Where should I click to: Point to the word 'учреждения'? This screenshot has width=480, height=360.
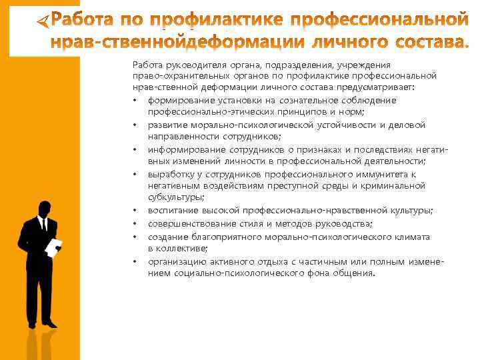pos(367,65)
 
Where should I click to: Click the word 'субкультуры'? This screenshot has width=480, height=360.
pos(176,197)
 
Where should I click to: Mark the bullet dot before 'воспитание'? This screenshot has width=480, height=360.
pos(135,211)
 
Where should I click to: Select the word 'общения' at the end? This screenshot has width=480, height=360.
pos(357,273)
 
